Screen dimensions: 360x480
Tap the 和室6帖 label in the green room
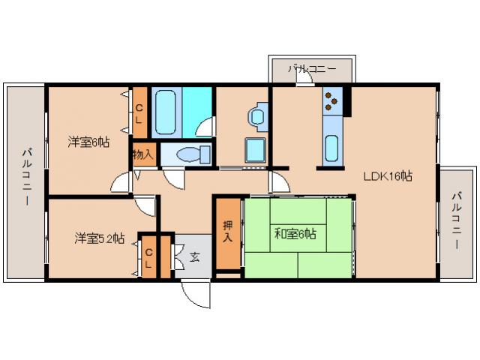click(x=295, y=234)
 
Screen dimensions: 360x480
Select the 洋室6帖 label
click(x=88, y=142)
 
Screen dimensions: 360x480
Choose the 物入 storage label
click(x=142, y=155)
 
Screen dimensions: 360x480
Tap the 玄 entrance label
click(x=195, y=257)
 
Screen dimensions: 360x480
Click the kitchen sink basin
click(x=331, y=147)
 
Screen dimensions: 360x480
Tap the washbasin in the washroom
click(x=258, y=115)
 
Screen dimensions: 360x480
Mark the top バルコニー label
click(x=311, y=69)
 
